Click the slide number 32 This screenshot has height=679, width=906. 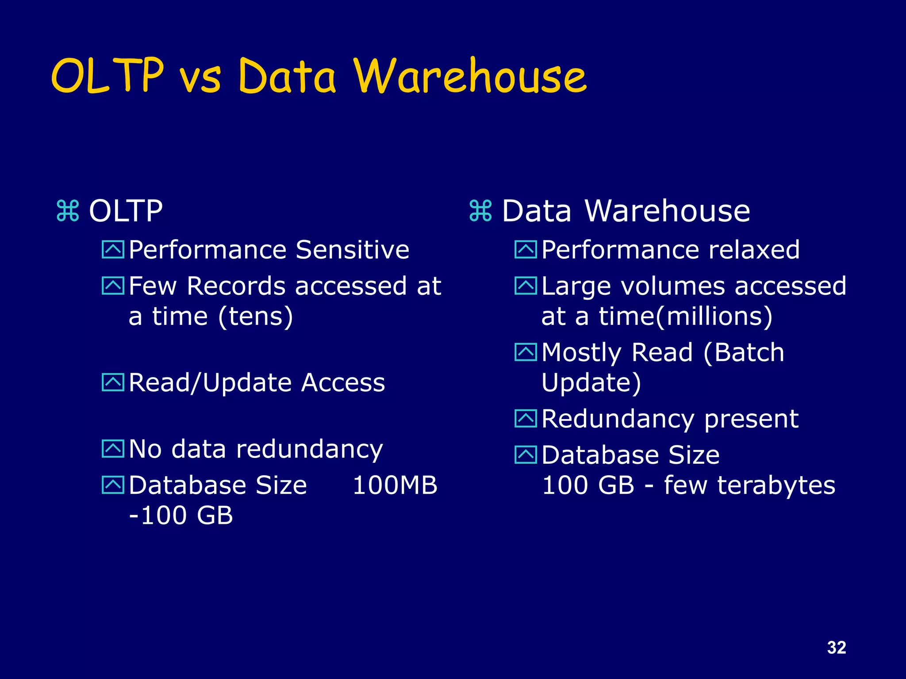point(836,648)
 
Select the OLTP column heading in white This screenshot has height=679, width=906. point(126,211)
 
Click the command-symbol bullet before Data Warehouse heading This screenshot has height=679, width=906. point(481,211)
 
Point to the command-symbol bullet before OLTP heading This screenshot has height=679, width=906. point(68,211)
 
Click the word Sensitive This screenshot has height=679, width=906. point(352,250)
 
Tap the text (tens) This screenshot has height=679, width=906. point(255,317)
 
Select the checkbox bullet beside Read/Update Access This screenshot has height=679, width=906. point(113,382)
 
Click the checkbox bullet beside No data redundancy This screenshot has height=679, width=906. point(113,449)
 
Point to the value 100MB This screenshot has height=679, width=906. point(395,485)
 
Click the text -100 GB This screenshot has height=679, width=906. point(181,515)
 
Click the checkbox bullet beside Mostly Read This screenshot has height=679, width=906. point(526,352)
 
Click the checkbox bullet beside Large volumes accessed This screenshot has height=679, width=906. point(526,286)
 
